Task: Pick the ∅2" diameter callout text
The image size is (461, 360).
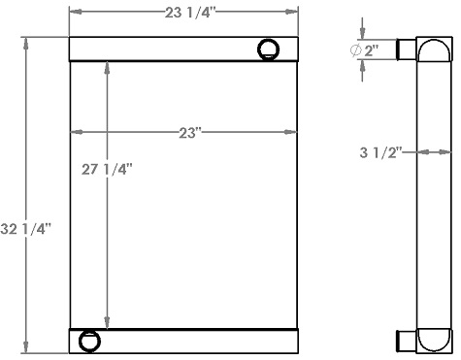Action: point(365,49)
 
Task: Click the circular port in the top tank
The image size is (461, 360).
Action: point(268,49)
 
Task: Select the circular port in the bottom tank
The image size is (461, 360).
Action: point(89,341)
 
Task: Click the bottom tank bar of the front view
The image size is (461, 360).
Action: point(194,341)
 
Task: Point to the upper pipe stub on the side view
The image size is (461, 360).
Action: point(408,49)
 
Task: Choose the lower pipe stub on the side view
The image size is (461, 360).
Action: point(408,340)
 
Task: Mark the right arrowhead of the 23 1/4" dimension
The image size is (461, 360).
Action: point(294,13)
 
